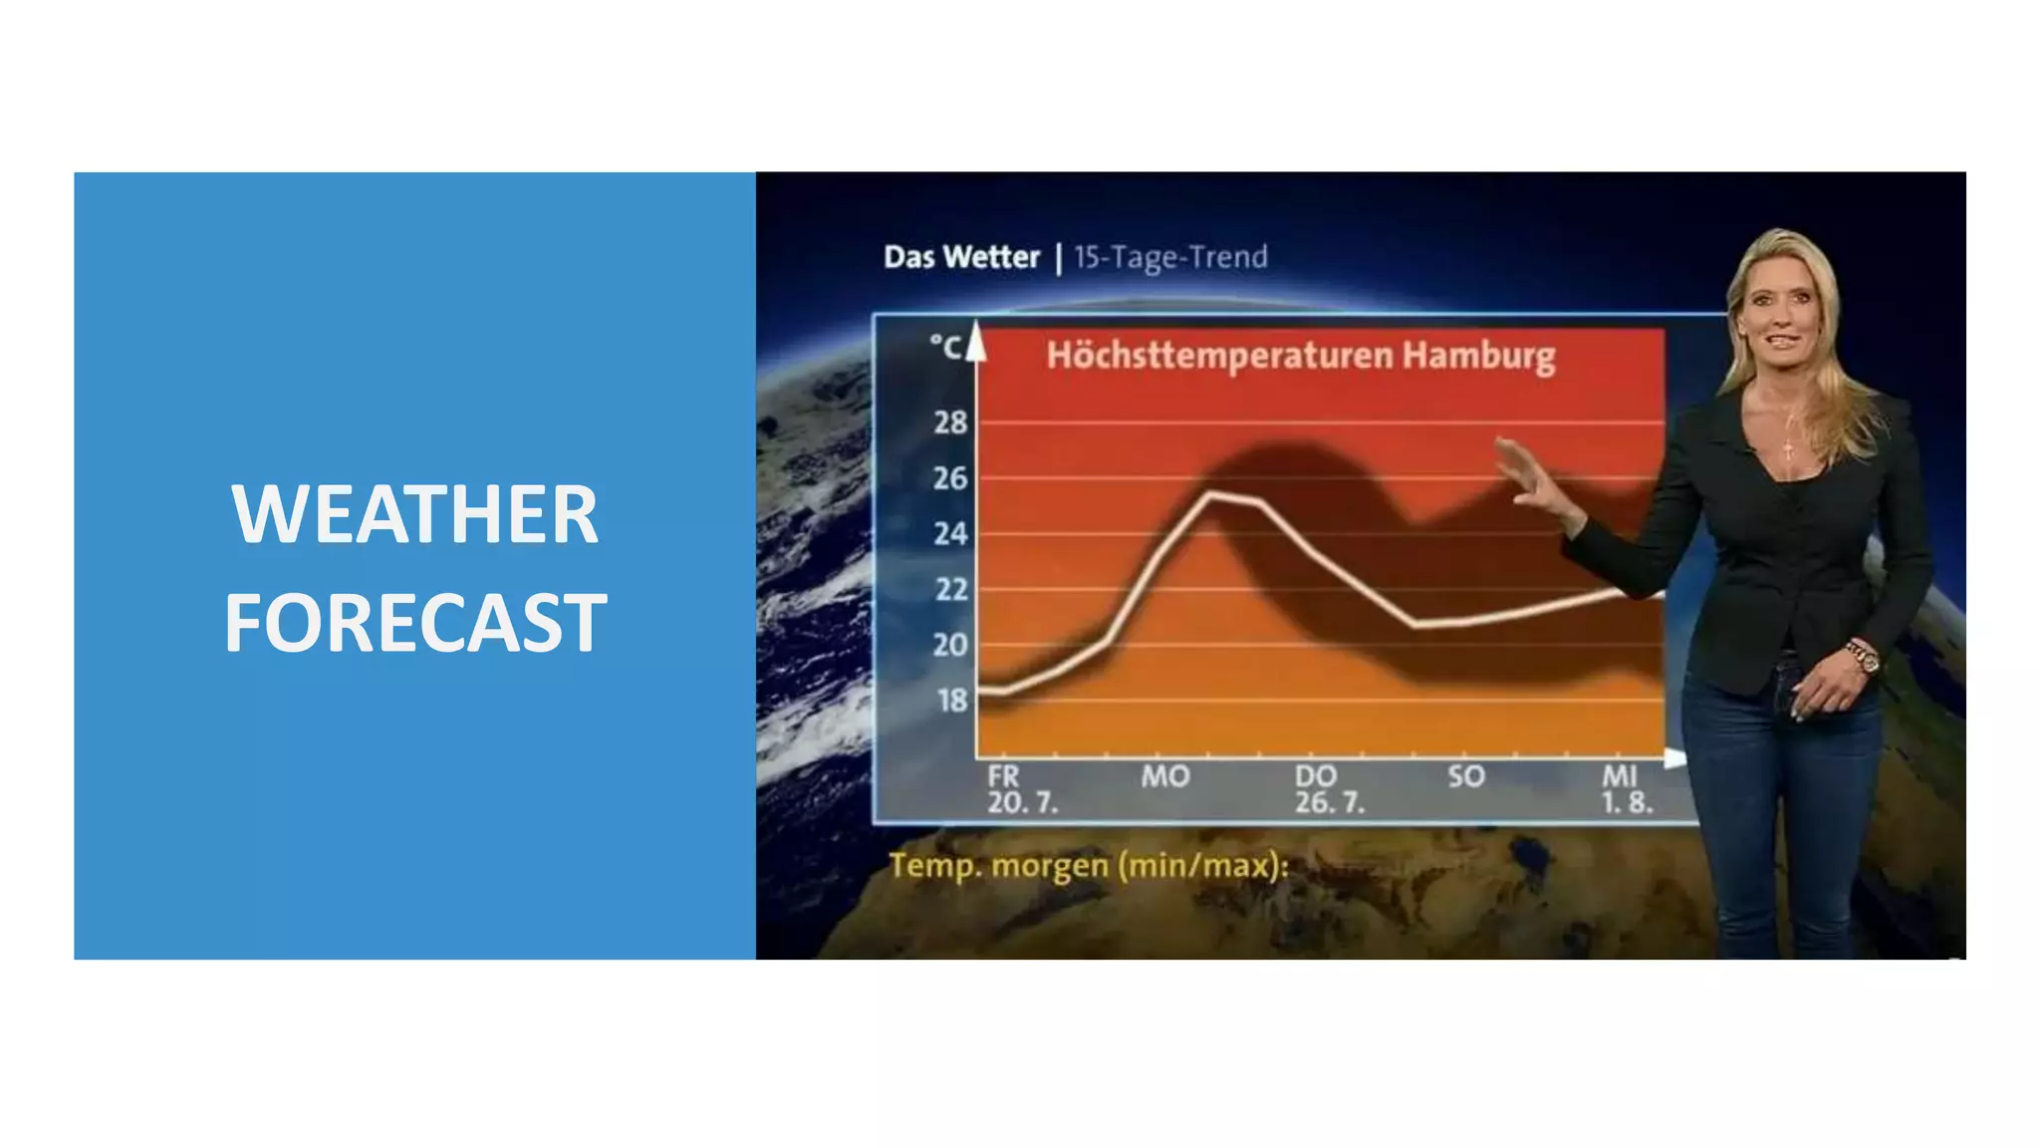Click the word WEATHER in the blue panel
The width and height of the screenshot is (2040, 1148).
pyautogui.click(x=414, y=514)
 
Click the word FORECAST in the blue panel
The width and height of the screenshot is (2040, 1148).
pyautogui.click(x=414, y=623)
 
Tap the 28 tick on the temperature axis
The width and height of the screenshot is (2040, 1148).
pyautogui.click(x=950, y=423)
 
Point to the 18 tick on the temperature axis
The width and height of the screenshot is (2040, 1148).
pyautogui.click(x=951, y=701)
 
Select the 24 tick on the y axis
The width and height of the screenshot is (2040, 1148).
pyautogui.click(x=950, y=534)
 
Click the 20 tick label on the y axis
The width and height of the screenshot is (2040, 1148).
pyautogui.click(x=950, y=645)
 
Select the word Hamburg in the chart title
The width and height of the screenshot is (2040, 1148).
pyautogui.click(x=1478, y=356)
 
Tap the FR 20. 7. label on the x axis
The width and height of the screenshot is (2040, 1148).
pyautogui.click(x=1020, y=789)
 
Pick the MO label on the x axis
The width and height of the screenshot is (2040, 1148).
pyautogui.click(x=1164, y=776)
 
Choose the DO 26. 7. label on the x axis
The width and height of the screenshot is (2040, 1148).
pyautogui.click(x=1328, y=789)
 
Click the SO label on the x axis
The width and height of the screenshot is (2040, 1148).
pyautogui.click(x=1466, y=776)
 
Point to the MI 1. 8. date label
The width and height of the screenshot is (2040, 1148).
pyautogui.click(x=1626, y=789)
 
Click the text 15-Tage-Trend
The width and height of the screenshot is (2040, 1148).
pyautogui.click(x=1170, y=257)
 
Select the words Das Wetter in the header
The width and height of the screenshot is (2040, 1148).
pyautogui.click(x=961, y=257)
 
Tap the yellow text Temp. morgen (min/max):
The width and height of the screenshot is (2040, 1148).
pyautogui.click(x=1088, y=865)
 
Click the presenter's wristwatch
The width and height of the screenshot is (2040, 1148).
pyautogui.click(x=1862, y=657)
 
